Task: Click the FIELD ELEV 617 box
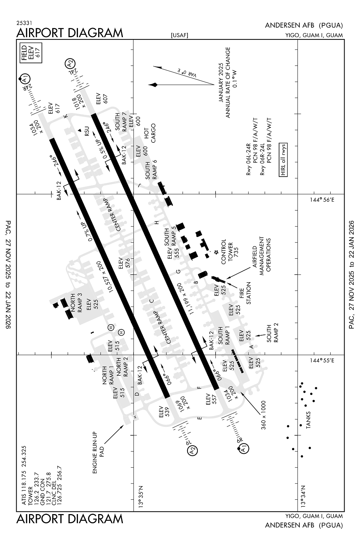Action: pyautogui.click(x=32, y=52)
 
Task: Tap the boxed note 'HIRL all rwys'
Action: pyautogui.click(x=283, y=160)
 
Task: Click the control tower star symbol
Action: pyautogui.click(x=217, y=252)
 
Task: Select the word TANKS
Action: pyautogui.click(x=308, y=420)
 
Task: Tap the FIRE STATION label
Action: pyautogui.click(x=245, y=293)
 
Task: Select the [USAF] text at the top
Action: pyautogui.click(x=179, y=35)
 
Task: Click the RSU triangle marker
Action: pyautogui.click(x=80, y=130)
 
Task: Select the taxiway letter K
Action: pyautogui.click(x=66, y=116)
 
